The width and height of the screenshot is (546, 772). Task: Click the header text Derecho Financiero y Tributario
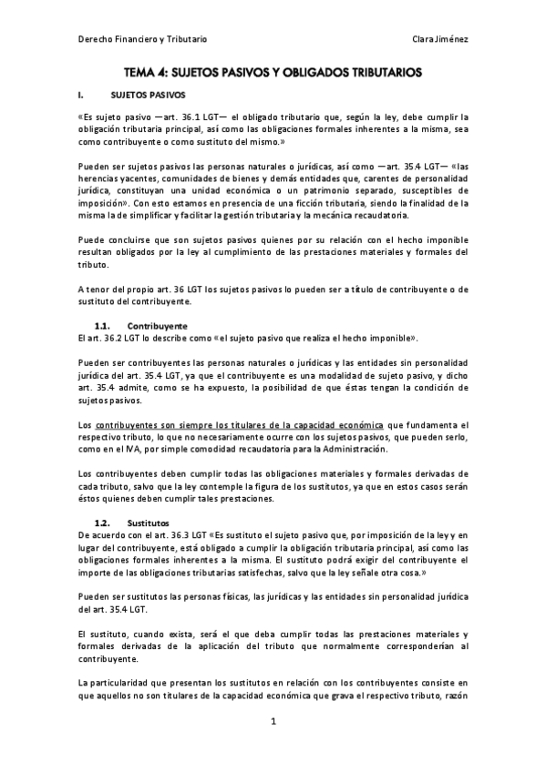pos(144,40)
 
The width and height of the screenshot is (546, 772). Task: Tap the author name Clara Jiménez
pos(440,40)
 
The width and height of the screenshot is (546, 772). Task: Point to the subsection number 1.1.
pos(102,325)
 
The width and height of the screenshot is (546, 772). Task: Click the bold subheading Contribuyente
pos(159,325)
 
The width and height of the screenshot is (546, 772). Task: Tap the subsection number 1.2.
pos(102,523)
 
